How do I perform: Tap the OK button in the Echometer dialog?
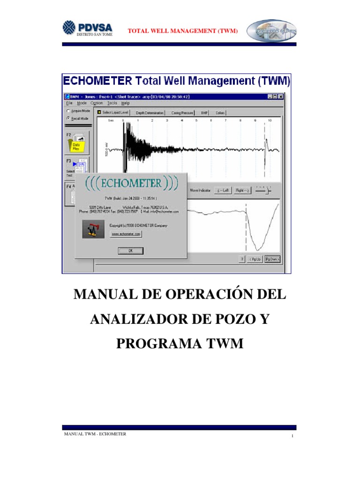[130, 251]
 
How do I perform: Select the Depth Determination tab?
[150, 113]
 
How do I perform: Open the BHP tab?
[204, 113]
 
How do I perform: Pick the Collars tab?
[220, 113]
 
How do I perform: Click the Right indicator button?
[243, 191]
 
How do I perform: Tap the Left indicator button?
[223, 191]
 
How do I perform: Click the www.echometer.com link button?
[126, 234]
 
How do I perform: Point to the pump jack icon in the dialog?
[93, 229]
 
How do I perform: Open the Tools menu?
[112, 103]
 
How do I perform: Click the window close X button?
[281, 96]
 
